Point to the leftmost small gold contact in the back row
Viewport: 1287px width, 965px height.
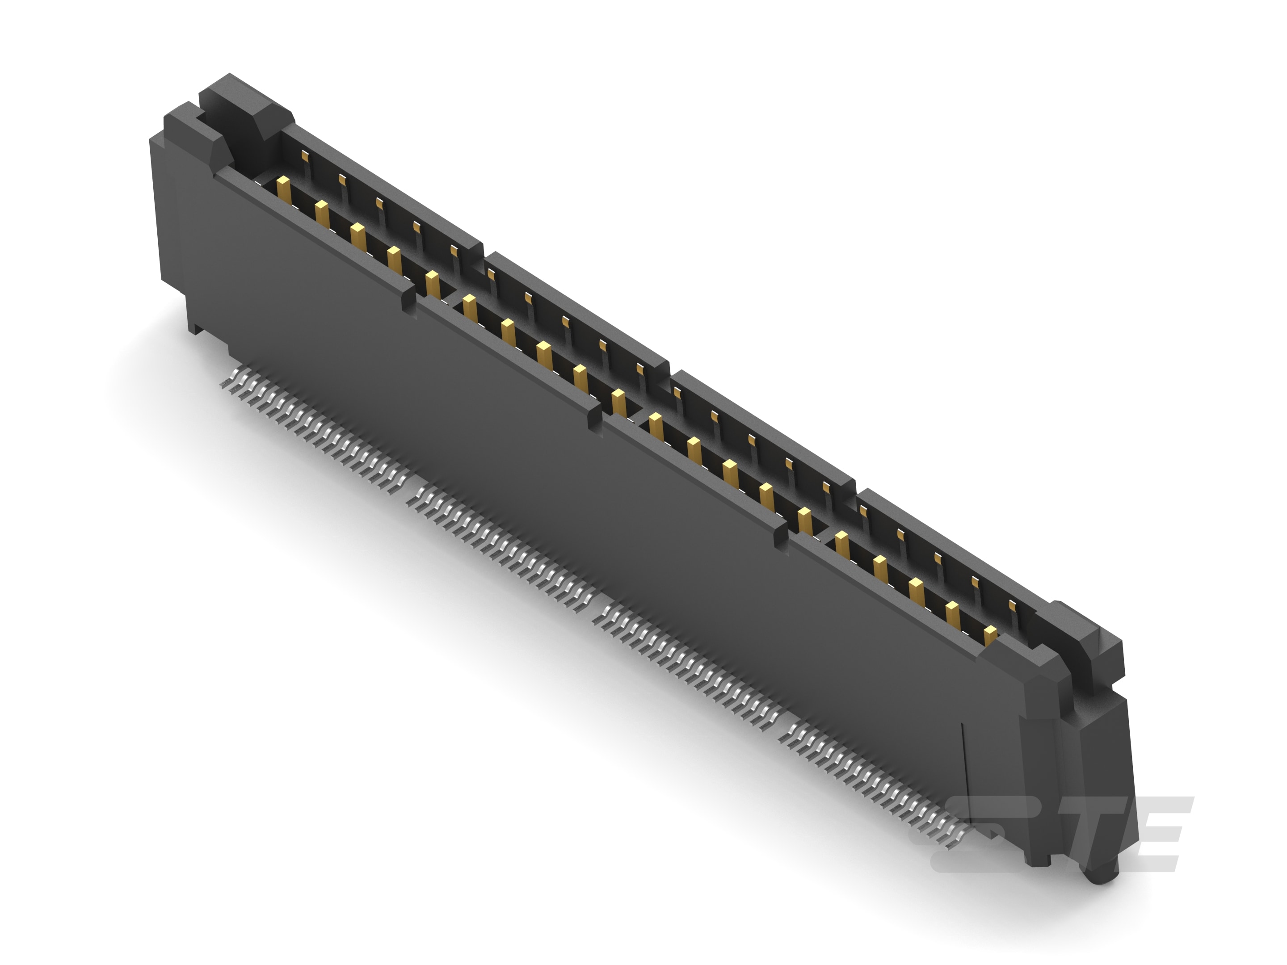point(305,154)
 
